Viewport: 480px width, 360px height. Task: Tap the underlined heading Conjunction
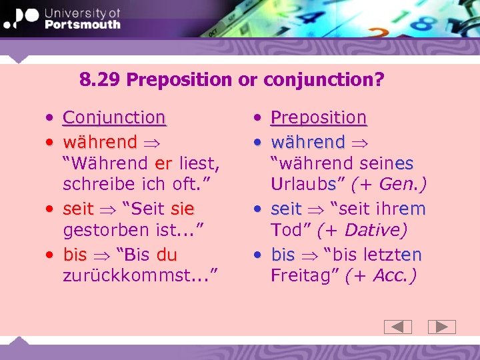(114, 118)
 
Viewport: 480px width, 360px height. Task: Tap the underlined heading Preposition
(319, 118)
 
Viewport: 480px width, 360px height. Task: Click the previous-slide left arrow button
(398, 327)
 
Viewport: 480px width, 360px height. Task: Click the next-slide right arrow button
(441, 327)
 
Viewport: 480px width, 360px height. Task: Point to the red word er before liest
(163, 163)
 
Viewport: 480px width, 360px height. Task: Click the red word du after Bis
(167, 255)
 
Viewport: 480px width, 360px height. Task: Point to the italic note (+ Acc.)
(381, 277)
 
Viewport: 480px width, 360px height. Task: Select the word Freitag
(299, 277)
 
